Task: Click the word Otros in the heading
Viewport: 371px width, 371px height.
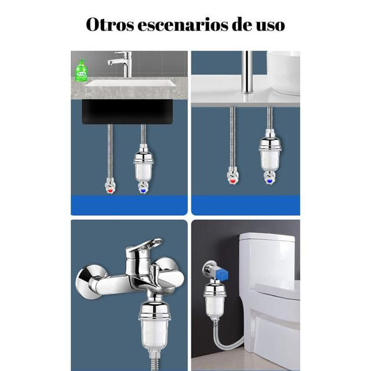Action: [110, 24]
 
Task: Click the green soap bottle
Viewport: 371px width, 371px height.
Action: [81, 71]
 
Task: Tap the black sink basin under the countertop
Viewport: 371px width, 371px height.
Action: [128, 112]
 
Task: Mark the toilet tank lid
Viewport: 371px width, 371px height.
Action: [267, 237]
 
